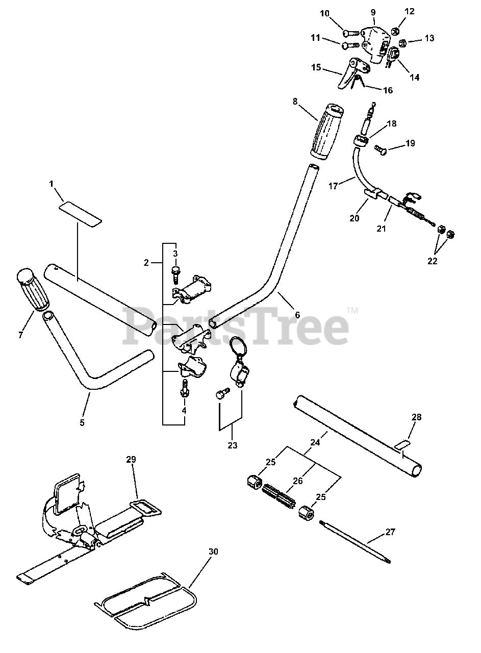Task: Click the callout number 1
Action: pyautogui.click(x=52, y=184)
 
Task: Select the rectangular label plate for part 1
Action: pyautogui.click(x=80, y=212)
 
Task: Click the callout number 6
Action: pyautogui.click(x=298, y=315)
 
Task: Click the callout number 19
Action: pyautogui.click(x=410, y=144)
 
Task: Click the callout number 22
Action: pyautogui.click(x=433, y=261)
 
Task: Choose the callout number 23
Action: pyautogui.click(x=233, y=445)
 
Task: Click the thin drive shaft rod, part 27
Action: pyautogui.click(x=355, y=541)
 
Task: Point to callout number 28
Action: pyautogui.click(x=416, y=417)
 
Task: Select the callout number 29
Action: pyautogui.click(x=131, y=460)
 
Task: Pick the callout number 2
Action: pyautogui.click(x=146, y=263)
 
